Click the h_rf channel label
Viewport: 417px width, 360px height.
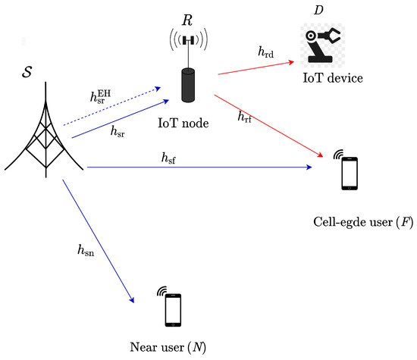pos(244,116)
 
